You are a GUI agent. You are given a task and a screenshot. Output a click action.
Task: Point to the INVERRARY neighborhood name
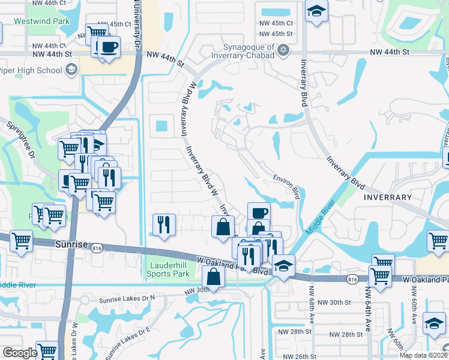tap(387, 197)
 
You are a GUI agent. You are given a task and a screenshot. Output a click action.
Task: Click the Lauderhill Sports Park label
tap(169, 269)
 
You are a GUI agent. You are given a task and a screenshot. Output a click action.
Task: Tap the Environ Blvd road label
tap(286, 183)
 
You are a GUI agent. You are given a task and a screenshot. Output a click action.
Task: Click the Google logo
tap(20, 353)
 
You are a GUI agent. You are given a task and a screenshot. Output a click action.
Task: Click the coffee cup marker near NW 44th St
tap(108, 47)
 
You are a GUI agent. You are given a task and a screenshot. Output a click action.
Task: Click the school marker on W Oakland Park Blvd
tap(283, 265)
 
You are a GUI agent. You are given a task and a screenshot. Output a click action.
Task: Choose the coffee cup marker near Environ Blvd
tap(259, 212)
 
